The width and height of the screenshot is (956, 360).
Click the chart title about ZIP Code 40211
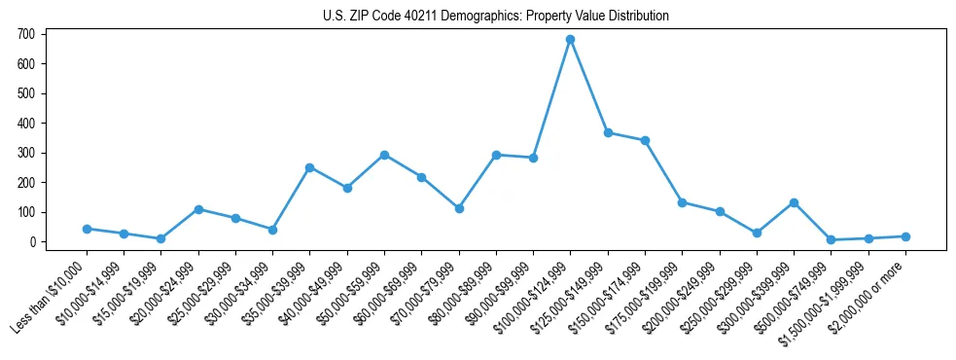[496, 16]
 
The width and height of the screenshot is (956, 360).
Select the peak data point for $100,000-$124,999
[570, 40]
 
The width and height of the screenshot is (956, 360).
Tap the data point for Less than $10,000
[87, 229]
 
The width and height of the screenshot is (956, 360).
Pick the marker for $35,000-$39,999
[309, 167]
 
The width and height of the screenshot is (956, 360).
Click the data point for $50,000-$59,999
[384, 155]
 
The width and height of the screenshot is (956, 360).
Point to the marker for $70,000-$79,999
[459, 208]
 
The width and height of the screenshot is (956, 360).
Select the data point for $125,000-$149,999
[608, 132]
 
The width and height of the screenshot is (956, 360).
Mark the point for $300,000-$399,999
[794, 202]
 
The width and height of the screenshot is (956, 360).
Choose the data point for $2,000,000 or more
[905, 236]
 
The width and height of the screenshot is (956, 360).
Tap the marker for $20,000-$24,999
[198, 209]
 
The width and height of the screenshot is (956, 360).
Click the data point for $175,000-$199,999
[682, 202]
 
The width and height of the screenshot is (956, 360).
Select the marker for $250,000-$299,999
[757, 233]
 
